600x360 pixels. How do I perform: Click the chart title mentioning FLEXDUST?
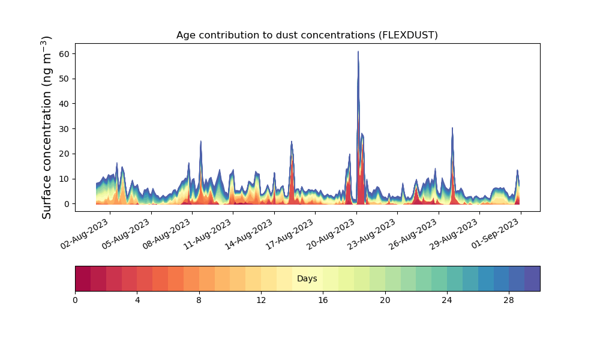(307, 35)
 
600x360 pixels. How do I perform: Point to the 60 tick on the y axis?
(64, 54)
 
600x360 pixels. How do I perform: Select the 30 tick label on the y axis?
(64, 129)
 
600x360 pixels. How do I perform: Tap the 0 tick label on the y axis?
(67, 204)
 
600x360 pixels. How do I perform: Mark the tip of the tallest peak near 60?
(358, 51)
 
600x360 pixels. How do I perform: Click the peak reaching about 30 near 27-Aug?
(452, 128)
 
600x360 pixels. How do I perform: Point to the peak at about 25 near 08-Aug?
(200, 141)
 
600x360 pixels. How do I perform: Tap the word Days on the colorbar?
(307, 278)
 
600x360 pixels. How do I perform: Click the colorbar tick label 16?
(323, 301)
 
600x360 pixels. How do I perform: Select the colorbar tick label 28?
(509, 301)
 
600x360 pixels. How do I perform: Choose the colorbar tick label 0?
(75, 301)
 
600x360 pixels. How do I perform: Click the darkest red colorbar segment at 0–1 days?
(83, 278)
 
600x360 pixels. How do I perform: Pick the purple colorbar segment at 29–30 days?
(532, 278)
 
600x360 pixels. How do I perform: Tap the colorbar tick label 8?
(199, 301)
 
